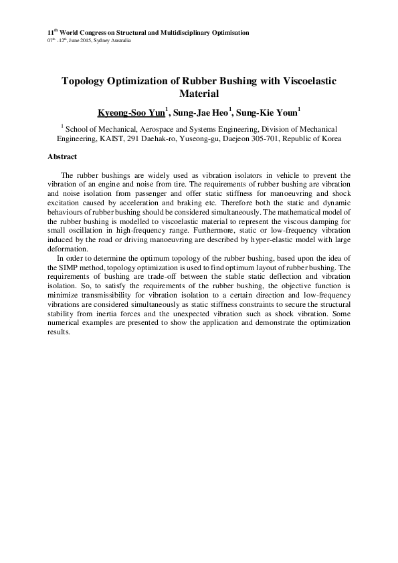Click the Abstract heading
pyautogui.click(x=62, y=156)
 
